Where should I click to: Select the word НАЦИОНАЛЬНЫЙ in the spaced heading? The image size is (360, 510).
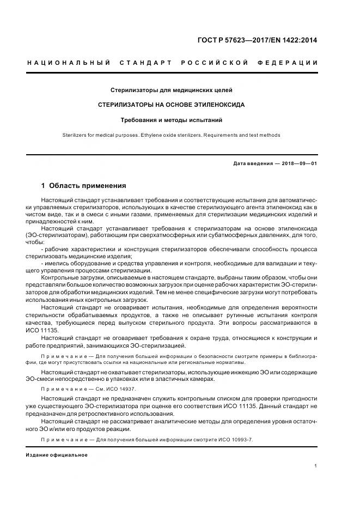69,63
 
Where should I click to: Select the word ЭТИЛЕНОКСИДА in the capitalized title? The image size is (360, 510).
214,104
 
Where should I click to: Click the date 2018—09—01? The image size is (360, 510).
298,163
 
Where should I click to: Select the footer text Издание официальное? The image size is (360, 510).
56,454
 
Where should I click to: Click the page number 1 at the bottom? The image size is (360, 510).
316,466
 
